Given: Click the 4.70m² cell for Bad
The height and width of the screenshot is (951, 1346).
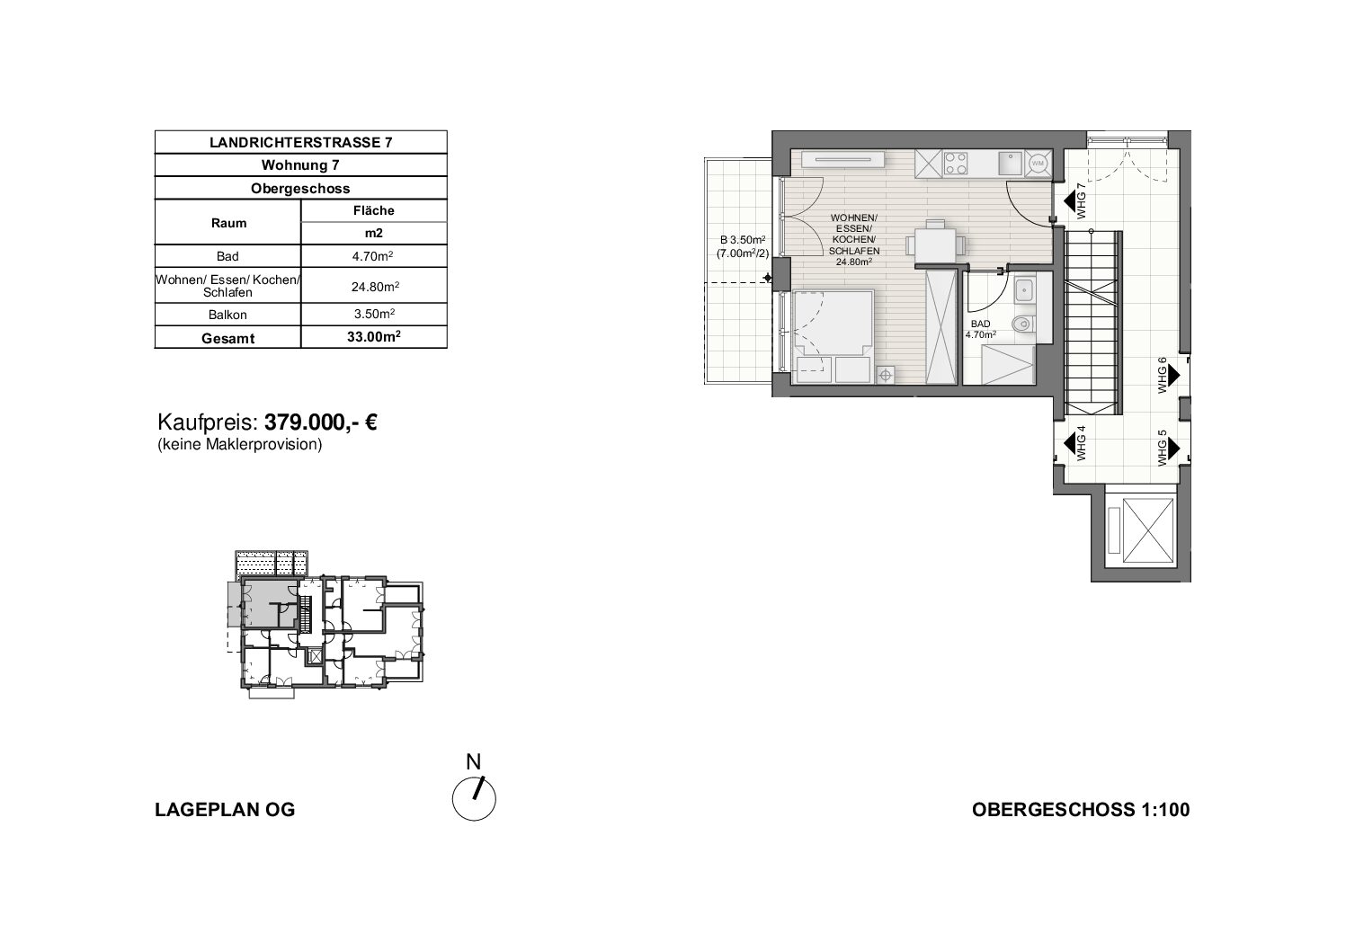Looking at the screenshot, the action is click(x=373, y=256).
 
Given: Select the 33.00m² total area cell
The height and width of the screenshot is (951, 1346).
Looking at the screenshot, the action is click(x=373, y=337).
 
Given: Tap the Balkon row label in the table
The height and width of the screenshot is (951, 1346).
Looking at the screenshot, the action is click(x=227, y=315).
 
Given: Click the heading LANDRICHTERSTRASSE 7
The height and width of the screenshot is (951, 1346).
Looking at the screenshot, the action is click(x=301, y=142).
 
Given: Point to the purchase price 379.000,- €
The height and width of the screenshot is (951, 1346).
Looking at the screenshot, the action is click(x=321, y=422).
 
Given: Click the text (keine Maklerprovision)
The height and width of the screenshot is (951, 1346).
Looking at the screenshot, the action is click(x=240, y=445).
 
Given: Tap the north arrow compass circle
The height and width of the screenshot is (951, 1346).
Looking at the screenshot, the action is click(x=474, y=799).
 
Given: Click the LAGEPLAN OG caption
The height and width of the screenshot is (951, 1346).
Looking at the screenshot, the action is click(x=226, y=810).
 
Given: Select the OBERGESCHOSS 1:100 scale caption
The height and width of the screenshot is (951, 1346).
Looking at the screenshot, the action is click(x=1081, y=810).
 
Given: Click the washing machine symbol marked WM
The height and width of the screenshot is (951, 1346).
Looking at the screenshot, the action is click(x=1038, y=163).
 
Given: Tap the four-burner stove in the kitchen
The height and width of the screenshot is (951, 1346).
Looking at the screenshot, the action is click(x=956, y=164).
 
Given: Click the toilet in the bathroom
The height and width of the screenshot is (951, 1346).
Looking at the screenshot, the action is click(x=1022, y=324).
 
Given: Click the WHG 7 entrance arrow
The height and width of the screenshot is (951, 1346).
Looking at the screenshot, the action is click(x=1069, y=201).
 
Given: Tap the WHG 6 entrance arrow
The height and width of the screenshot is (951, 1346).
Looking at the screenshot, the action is click(x=1174, y=375).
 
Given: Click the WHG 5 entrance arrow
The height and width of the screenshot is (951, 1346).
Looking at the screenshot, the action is click(x=1174, y=449).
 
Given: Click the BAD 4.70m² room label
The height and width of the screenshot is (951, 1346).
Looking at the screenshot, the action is click(x=981, y=329).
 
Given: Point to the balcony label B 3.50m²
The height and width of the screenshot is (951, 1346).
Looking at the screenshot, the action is click(x=743, y=240).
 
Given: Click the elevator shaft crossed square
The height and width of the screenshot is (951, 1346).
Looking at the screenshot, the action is click(x=1147, y=530).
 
